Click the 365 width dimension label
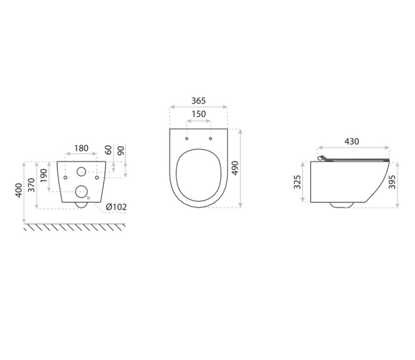click(x=198, y=101)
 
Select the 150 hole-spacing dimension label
click(x=199, y=114)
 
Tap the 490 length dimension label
click(x=235, y=168)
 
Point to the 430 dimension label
click(x=351, y=141)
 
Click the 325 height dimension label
click(x=297, y=181)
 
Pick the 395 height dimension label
click(x=392, y=181)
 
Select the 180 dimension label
click(x=81, y=148)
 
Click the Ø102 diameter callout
click(x=116, y=207)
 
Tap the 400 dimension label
click(x=19, y=190)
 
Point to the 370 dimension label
click(x=31, y=185)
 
